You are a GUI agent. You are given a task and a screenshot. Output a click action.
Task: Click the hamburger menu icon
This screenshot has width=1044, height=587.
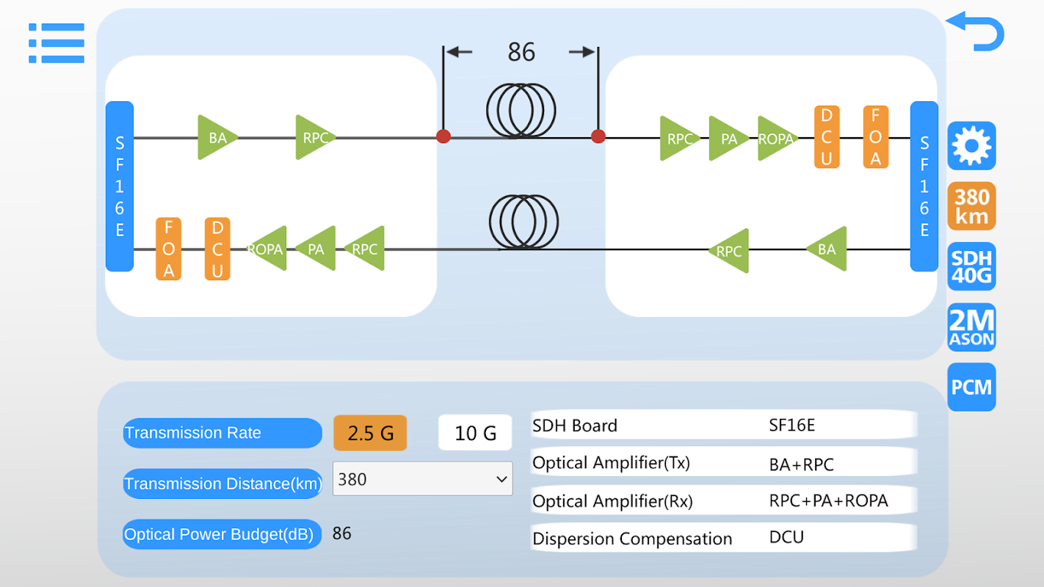pyautogui.click(x=57, y=43)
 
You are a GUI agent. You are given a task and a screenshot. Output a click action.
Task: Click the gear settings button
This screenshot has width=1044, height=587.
pyautogui.click(x=971, y=146)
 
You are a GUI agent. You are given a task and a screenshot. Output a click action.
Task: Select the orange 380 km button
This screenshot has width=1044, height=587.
pyautogui.click(x=971, y=206)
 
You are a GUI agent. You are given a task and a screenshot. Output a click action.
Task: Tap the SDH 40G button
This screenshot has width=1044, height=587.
pyautogui.click(x=971, y=266)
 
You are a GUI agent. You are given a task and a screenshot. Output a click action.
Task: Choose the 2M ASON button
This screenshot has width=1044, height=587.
pyautogui.click(x=971, y=327)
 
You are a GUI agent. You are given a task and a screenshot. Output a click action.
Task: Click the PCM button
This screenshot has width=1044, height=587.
pyautogui.click(x=971, y=387)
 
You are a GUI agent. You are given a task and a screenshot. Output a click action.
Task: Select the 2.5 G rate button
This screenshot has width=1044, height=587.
pyautogui.click(x=370, y=433)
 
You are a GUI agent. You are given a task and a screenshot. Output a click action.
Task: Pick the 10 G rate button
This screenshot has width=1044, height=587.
pyautogui.click(x=475, y=433)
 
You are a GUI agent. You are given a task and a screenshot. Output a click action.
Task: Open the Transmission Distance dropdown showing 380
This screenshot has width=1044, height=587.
pyautogui.click(x=422, y=479)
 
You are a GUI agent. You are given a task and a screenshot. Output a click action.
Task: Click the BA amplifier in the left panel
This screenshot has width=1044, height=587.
pyautogui.click(x=216, y=137)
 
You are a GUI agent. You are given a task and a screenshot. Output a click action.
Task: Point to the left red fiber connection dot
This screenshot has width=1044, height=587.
pyautogui.click(x=443, y=136)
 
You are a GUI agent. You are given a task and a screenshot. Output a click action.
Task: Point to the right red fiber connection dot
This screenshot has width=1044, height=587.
pyautogui.click(x=598, y=136)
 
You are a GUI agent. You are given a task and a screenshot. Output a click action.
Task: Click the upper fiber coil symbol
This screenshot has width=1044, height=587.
pyautogui.click(x=521, y=110)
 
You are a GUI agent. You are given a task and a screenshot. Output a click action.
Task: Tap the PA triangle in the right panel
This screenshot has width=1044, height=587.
pyautogui.click(x=727, y=138)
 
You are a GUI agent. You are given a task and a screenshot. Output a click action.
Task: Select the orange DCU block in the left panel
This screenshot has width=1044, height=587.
pyautogui.click(x=217, y=249)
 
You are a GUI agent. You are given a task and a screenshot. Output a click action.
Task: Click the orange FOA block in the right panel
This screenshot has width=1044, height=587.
pyautogui.click(x=875, y=137)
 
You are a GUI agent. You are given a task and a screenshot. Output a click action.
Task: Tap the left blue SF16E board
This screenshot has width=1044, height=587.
pyautogui.click(x=120, y=186)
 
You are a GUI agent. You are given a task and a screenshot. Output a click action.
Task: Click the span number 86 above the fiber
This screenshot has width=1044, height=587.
pyautogui.click(x=521, y=52)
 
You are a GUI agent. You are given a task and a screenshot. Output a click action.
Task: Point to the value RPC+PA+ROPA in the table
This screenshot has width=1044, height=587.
pyautogui.click(x=828, y=501)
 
